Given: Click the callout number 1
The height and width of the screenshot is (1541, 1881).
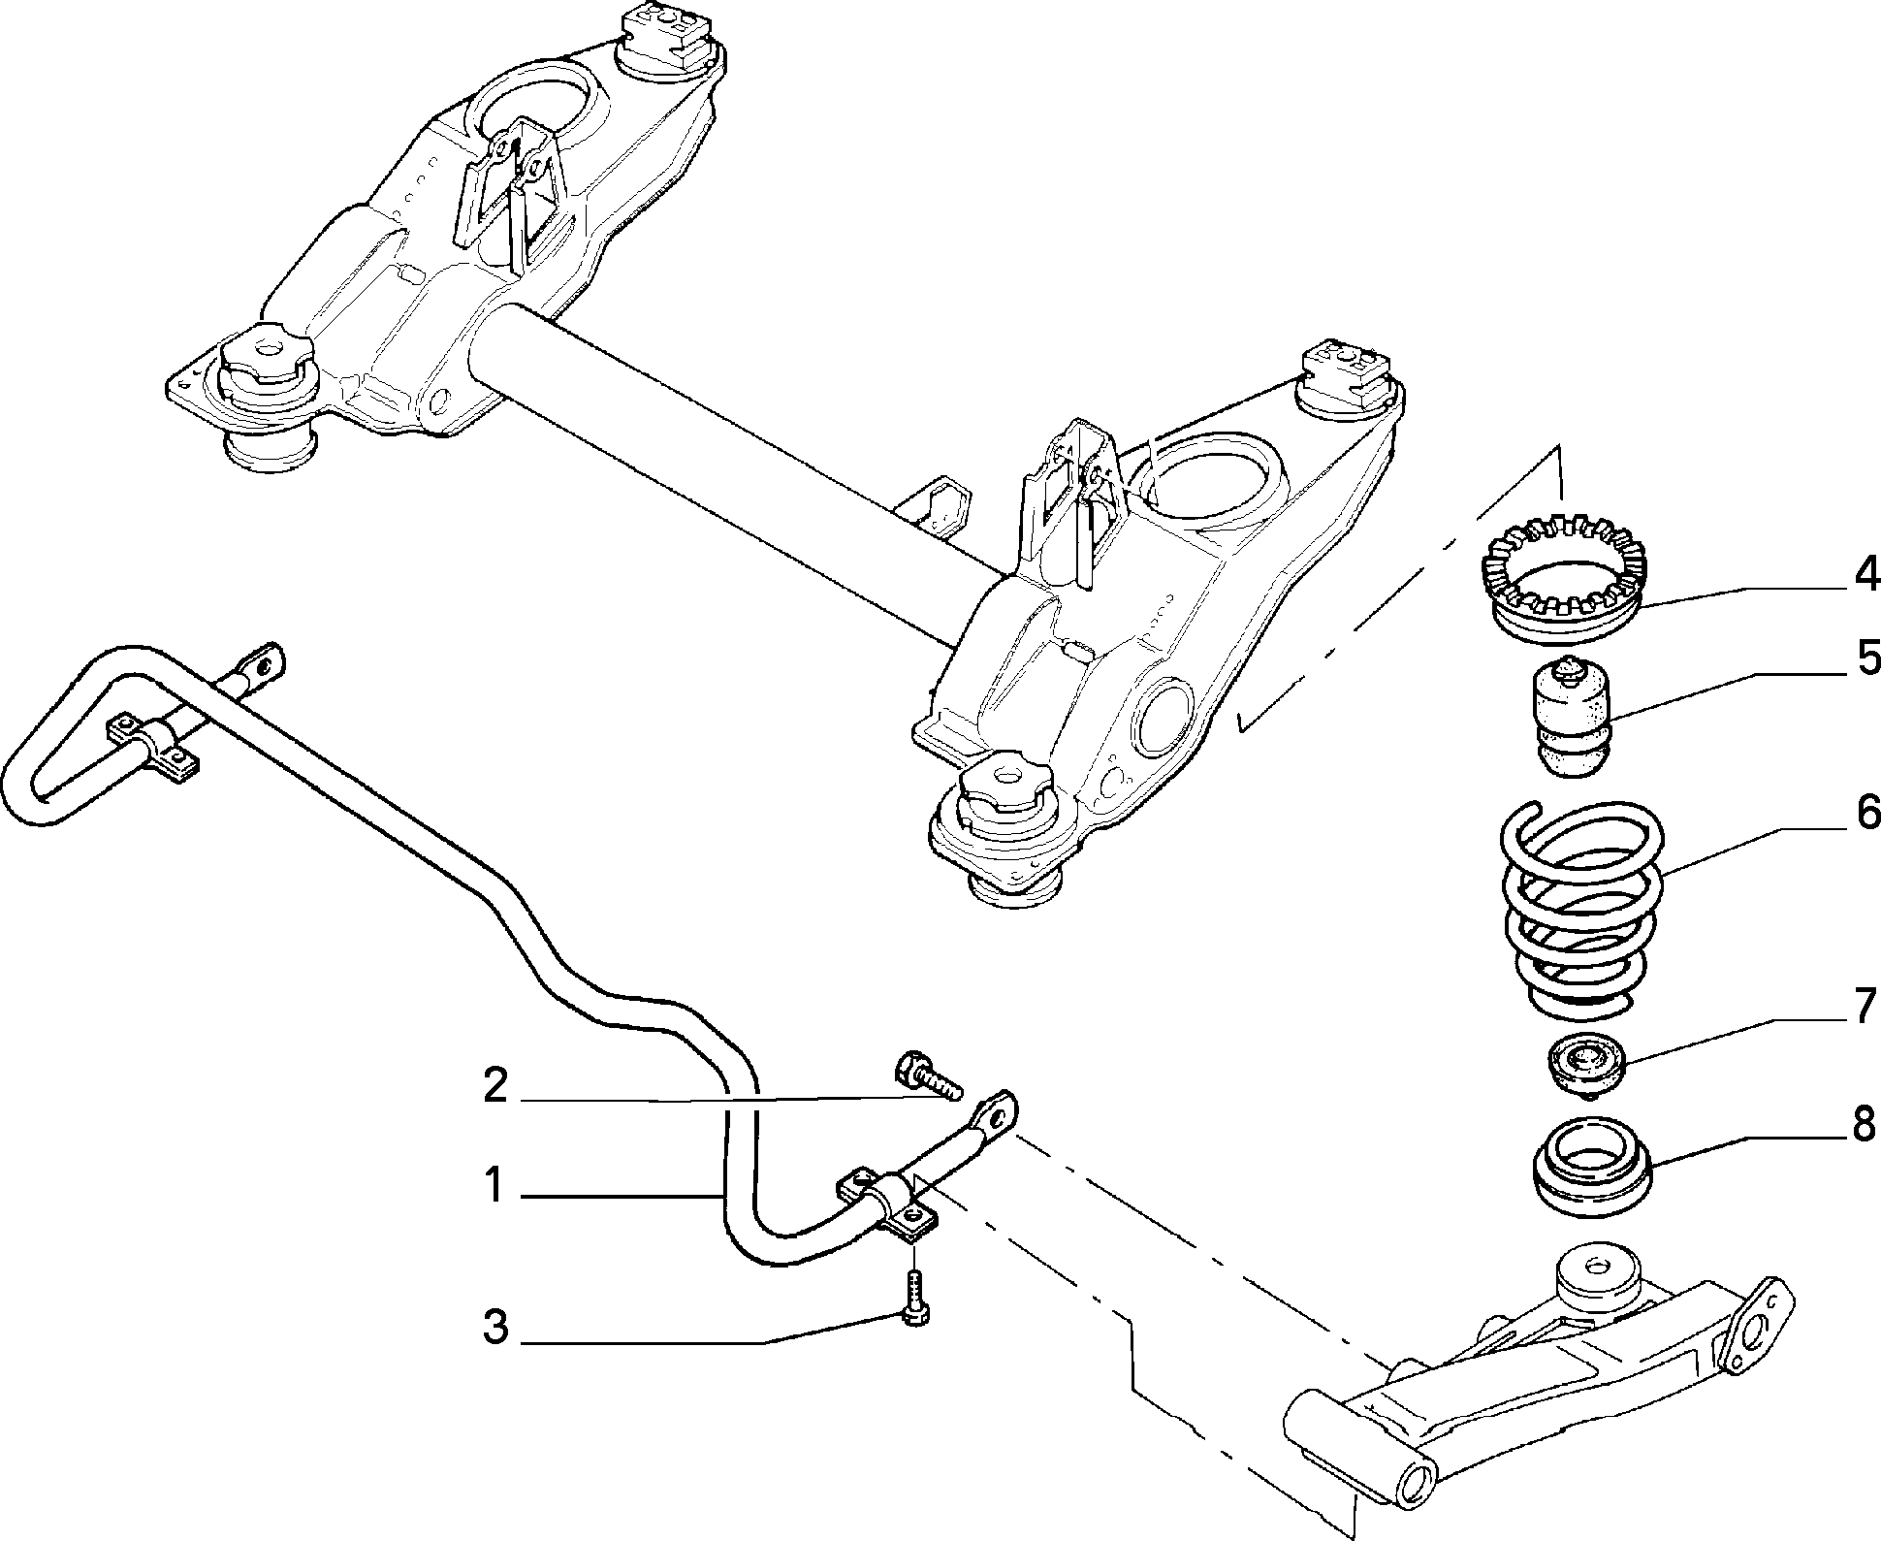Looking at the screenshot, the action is [x=495, y=1186].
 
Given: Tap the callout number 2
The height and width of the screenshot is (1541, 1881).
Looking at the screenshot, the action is [x=495, y=1086].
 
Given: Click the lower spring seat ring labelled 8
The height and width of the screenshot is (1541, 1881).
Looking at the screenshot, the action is [x=1590, y=1168].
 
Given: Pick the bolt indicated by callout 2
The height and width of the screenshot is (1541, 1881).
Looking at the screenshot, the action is [x=925, y=1075].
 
